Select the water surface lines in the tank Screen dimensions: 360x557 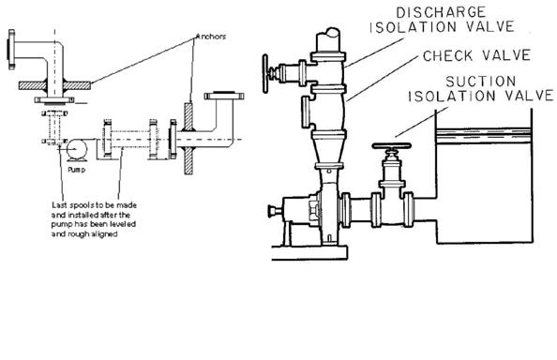[489, 137]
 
